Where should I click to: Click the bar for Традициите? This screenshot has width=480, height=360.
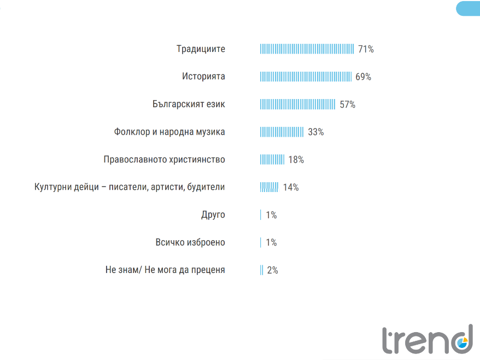pyautogui.click(x=307, y=49)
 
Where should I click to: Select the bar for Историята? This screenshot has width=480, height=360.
pyautogui.click(x=306, y=77)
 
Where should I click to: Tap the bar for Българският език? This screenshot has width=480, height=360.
pyautogui.click(x=297, y=104)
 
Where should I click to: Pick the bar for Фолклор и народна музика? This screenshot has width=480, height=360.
pyautogui.click(x=282, y=132)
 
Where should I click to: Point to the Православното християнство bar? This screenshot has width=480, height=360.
pyautogui.click(x=272, y=160)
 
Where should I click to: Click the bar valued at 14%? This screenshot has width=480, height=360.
pyautogui.click(x=270, y=187)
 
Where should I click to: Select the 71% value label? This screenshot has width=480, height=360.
pyautogui.click(x=366, y=49)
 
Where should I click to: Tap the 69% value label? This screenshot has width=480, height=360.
pyautogui.click(x=363, y=77)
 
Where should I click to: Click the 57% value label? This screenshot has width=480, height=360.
pyautogui.click(x=348, y=104)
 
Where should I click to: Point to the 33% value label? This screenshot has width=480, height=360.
pyautogui.click(x=316, y=132)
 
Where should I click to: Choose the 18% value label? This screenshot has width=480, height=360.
pyautogui.click(x=296, y=160)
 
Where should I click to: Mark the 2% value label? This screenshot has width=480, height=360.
pyautogui.click(x=273, y=270)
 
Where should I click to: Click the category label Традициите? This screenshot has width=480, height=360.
pyautogui.click(x=201, y=49)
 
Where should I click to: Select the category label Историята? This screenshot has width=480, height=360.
pyautogui.click(x=203, y=77)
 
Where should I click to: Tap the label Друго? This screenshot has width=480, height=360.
pyautogui.click(x=213, y=215)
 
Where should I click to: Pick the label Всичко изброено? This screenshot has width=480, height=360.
pyautogui.click(x=190, y=242)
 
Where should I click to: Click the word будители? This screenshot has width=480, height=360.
pyautogui.click(x=206, y=187)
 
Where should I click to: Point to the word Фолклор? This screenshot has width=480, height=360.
pyautogui.click(x=131, y=132)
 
